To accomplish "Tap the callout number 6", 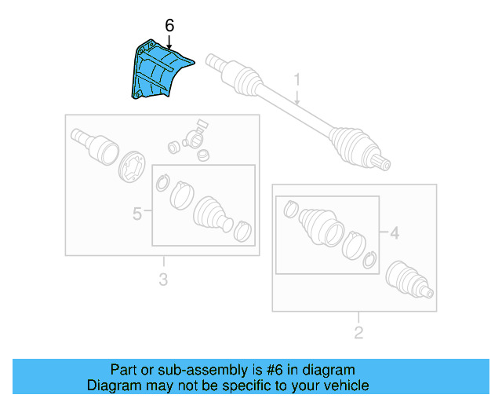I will [169, 25].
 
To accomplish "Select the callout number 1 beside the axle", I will [298, 79].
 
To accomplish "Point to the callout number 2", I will [358, 333].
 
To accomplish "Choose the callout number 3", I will [163, 279].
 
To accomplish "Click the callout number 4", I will [395, 232].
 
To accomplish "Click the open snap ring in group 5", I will [162, 184].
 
